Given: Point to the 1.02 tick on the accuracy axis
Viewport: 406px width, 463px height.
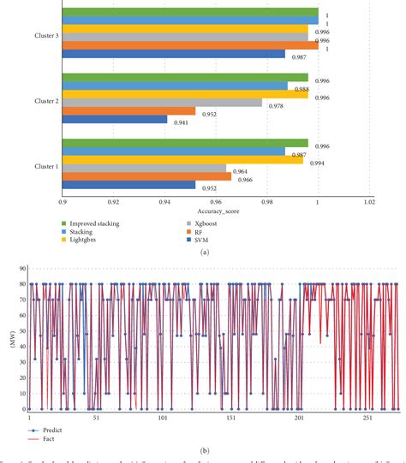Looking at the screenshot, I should tap(369, 202).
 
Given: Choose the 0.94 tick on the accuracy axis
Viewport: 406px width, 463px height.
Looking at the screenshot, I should tap(165, 202).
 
